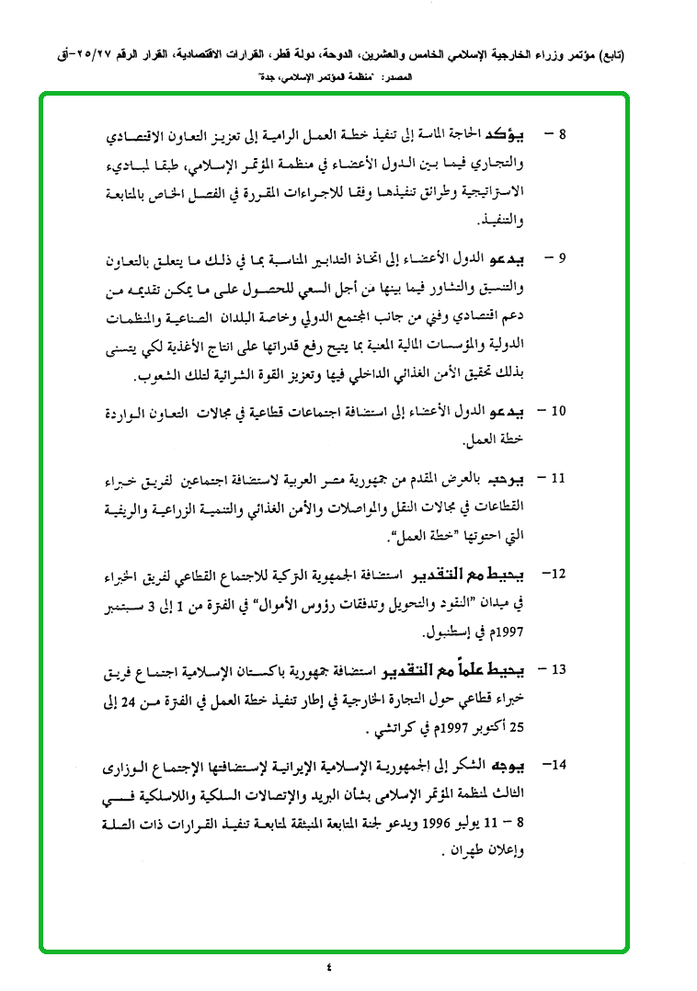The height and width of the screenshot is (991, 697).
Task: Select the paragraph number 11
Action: [x=556, y=479]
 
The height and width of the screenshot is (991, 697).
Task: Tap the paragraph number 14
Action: [x=555, y=765]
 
